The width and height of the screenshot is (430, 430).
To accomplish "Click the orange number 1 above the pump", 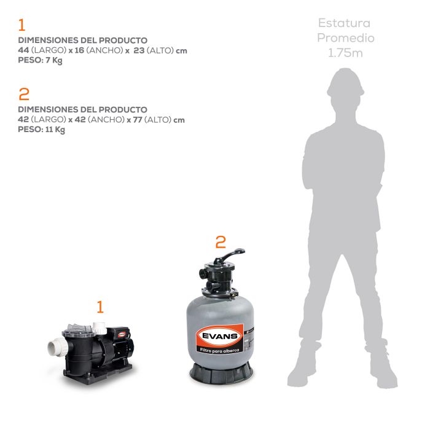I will click(100, 307).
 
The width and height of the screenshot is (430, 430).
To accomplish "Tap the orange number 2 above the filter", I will click(220, 241).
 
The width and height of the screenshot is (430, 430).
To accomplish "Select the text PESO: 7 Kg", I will click(41, 60).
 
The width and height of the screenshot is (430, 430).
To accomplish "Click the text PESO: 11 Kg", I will click(42, 130).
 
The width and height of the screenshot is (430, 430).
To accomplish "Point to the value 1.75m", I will click(345, 53).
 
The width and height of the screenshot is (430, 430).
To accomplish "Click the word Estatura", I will click(345, 23).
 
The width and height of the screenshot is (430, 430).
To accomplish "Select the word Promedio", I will click(345, 38).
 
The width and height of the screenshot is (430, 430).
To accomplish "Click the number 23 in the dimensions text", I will click(139, 50).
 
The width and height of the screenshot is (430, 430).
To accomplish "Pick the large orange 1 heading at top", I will click(22, 25).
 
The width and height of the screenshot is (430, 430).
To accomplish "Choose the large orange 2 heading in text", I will click(24, 94).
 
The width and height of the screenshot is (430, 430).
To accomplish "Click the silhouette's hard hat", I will click(346, 80).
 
